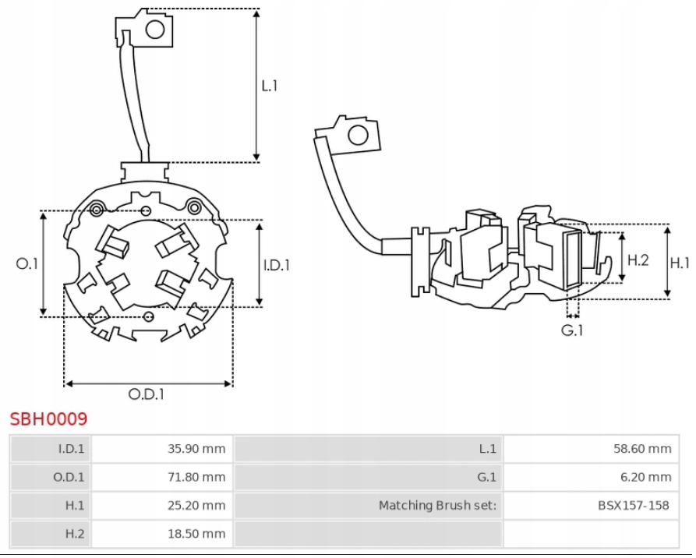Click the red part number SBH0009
(48, 419)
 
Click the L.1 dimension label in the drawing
(269, 86)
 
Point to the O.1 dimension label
(27, 264)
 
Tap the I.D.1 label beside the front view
(276, 265)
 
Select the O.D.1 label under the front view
(147, 394)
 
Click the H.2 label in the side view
(638, 260)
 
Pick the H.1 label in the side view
(680, 263)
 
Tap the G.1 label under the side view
(573, 330)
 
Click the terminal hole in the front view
(155, 30)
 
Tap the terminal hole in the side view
(358, 136)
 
